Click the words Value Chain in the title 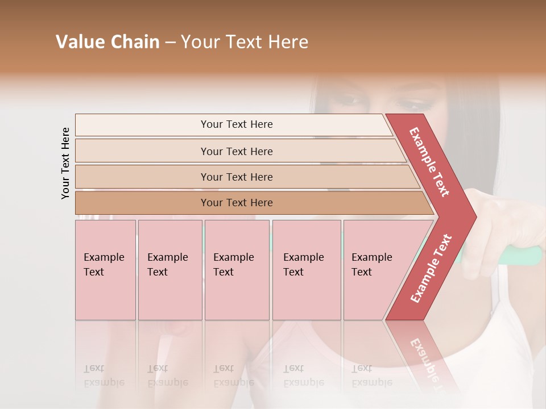point(107,42)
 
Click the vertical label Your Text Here point(65,163)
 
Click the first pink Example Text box point(105,269)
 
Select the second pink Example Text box point(169,269)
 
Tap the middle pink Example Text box point(237,269)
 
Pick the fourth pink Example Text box point(306,269)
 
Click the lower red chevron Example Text point(431,268)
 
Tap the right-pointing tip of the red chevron point(472,217)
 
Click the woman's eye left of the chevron point(348,101)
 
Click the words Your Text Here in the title point(245,42)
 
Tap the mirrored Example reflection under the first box point(104,382)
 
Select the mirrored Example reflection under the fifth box point(372,382)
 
